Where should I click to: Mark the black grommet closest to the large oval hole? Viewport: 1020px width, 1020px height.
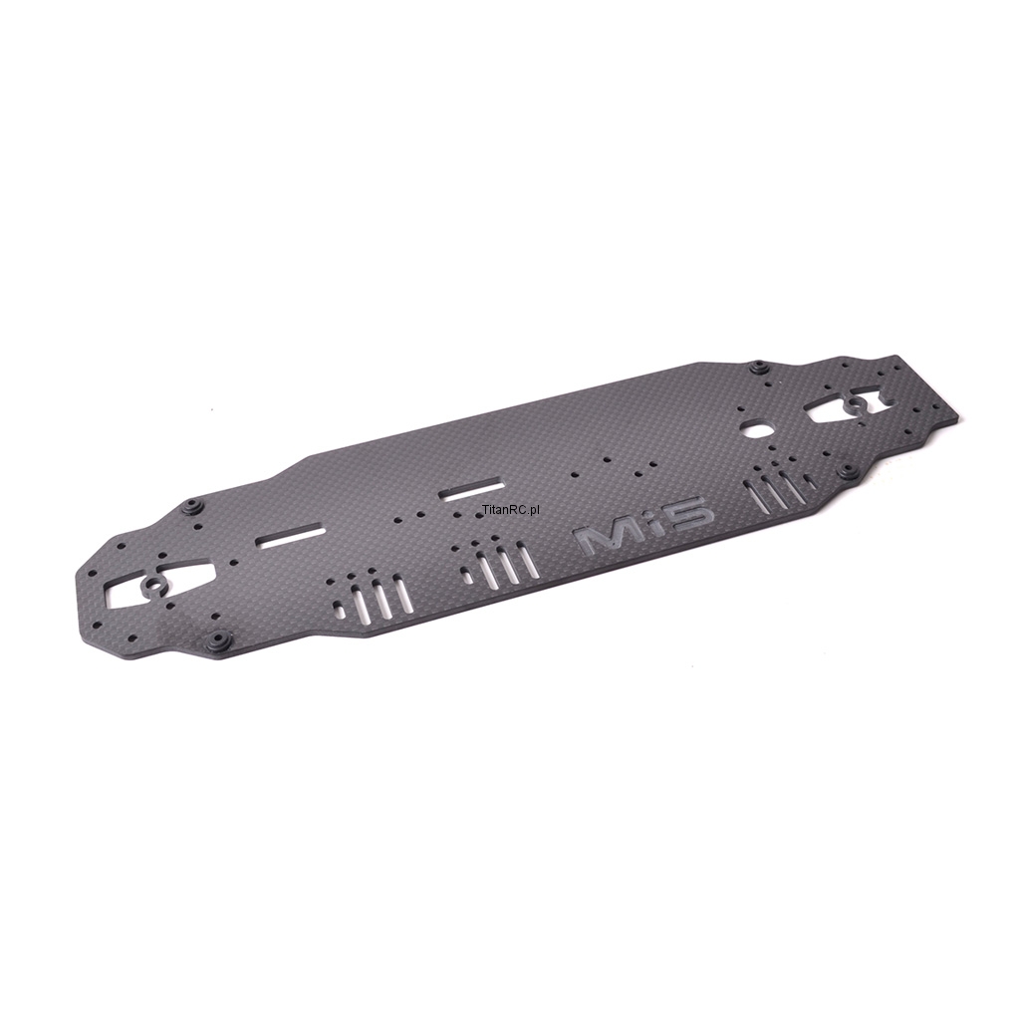757,369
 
